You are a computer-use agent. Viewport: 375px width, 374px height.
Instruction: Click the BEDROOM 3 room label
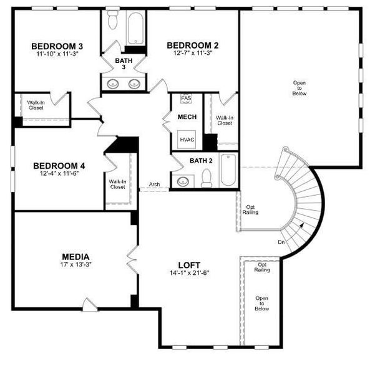tap(57, 46)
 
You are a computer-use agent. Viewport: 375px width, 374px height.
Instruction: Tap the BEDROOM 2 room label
tap(192, 45)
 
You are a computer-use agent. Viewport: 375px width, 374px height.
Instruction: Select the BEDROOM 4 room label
tap(58, 166)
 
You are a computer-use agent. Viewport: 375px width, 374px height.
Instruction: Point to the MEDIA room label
tap(75, 256)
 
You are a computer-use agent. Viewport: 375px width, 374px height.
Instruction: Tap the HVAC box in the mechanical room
tap(187, 140)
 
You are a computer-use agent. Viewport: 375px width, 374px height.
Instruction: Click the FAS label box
tap(186, 98)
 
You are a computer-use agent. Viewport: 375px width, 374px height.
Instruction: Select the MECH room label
tap(187, 117)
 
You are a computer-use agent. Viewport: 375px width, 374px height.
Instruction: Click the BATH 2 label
tap(202, 161)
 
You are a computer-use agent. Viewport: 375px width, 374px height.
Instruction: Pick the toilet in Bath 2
tap(207, 178)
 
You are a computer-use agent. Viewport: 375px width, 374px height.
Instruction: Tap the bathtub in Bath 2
tap(228, 170)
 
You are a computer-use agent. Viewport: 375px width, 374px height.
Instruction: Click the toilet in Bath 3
tap(113, 20)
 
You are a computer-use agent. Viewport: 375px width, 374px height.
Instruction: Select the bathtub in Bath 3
tap(134, 27)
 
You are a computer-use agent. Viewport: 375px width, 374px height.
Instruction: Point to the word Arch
tap(154, 185)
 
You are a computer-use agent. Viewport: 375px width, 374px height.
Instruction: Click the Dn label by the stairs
tap(282, 242)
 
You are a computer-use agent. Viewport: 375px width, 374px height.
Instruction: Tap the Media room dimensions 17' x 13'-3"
tap(75, 265)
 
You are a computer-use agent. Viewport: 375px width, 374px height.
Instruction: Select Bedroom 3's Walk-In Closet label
tap(36, 105)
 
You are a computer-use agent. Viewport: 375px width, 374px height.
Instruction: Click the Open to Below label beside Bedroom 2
tap(300, 88)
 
